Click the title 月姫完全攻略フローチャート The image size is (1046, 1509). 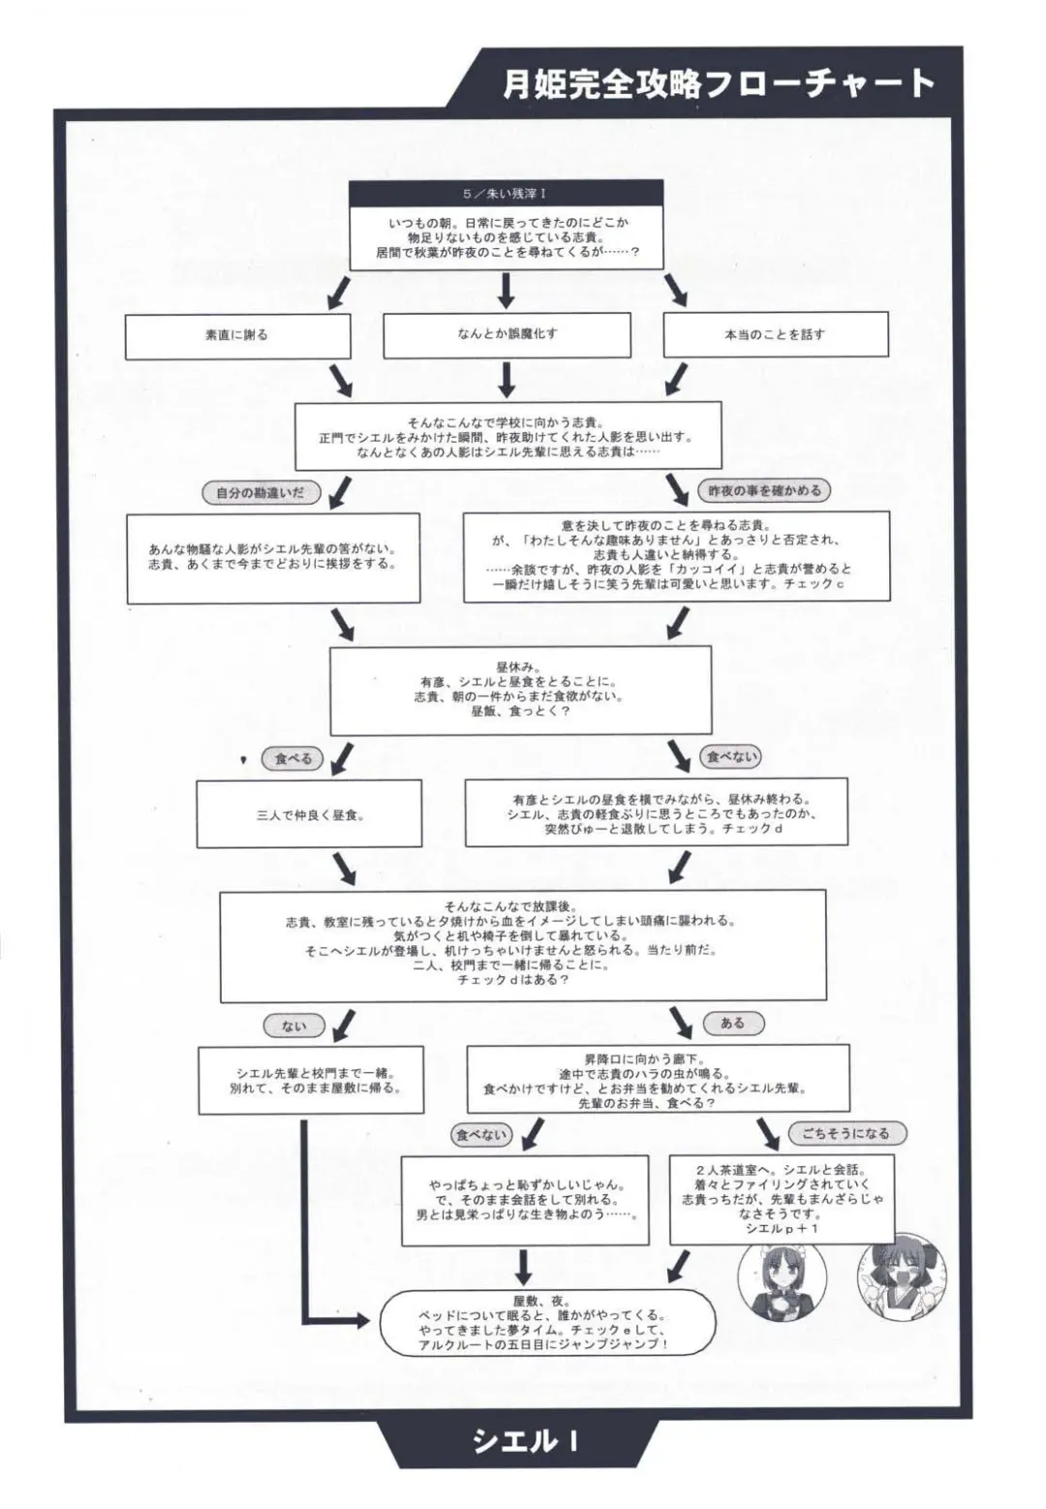718,84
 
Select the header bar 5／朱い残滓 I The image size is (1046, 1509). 506,194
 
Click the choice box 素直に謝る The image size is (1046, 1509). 237,335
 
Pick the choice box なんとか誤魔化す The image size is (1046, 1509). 507,334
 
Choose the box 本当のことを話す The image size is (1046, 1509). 775,334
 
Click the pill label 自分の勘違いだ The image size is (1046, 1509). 261,493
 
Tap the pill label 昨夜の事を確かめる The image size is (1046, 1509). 764,491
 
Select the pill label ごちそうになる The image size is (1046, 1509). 845,1133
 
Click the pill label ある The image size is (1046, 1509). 732,1023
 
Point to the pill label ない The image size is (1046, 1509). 293,1026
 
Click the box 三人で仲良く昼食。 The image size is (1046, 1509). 309,815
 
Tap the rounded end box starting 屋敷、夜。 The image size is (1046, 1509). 547,1323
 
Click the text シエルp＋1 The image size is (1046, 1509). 782,1228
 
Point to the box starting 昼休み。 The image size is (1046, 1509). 520,690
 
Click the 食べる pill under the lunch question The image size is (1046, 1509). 292,759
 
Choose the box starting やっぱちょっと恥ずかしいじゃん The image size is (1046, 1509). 525,1199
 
